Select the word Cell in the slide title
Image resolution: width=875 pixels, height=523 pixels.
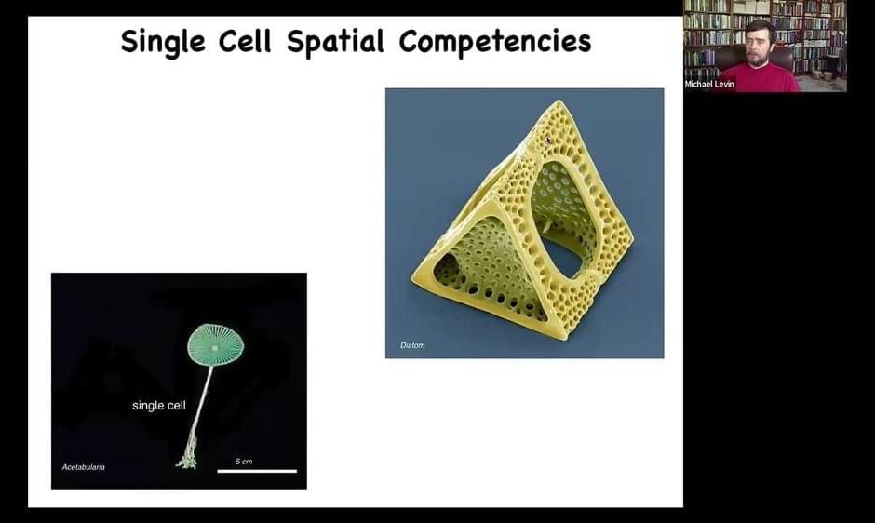[x=245, y=41]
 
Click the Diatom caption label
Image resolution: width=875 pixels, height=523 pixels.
[x=412, y=345]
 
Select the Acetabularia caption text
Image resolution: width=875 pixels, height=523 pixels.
[x=83, y=467]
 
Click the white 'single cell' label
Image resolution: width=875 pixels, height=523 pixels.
[x=159, y=406]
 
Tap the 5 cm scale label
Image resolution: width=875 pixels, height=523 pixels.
[x=244, y=462]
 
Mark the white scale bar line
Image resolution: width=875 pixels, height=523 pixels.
[x=257, y=472]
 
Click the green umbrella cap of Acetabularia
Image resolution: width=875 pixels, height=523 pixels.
[x=215, y=345]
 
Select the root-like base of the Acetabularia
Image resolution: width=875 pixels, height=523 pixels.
[x=187, y=458]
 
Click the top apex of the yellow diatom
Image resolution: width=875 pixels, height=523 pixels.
[x=559, y=101]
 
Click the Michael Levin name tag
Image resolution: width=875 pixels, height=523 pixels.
[x=709, y=85]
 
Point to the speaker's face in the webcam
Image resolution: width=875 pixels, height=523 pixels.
[x=761, y=46]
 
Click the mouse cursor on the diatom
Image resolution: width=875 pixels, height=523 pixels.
[x=548, y=141]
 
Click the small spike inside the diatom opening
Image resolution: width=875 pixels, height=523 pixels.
[x=547, y=224]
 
